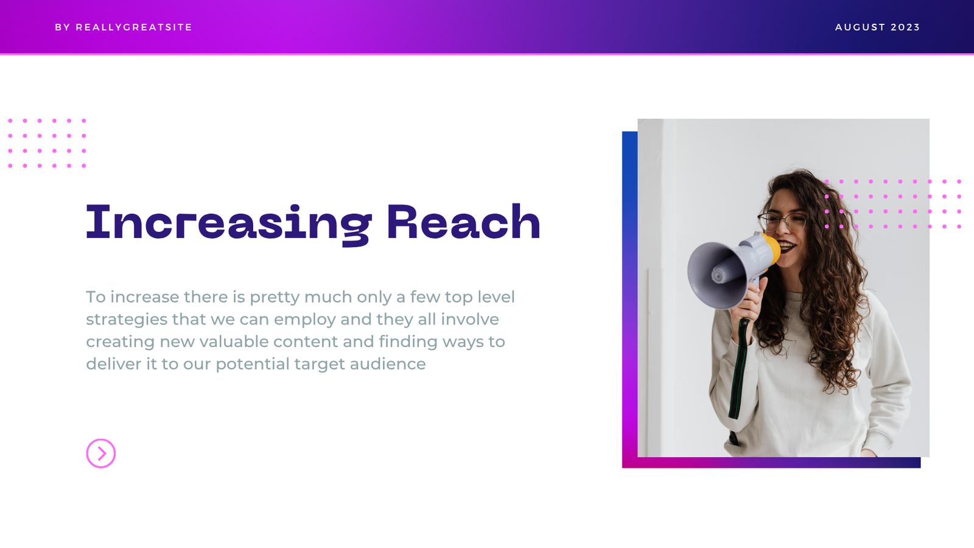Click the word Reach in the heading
click(x=463, y=222)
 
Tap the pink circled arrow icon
click(x=101, y=454)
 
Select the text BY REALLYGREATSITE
click(x=124, y=27)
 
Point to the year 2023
click(x=905, y=27)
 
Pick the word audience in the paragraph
click(x=387, y=364)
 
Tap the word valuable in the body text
click(x=234, y=342)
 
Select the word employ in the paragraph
click(x=305, y=320)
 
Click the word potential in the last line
click(x=252, y=365)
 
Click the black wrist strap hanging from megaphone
click(x=738, y=370)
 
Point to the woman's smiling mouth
click(x=788, y=247)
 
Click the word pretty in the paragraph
click(x=275, y=298)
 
